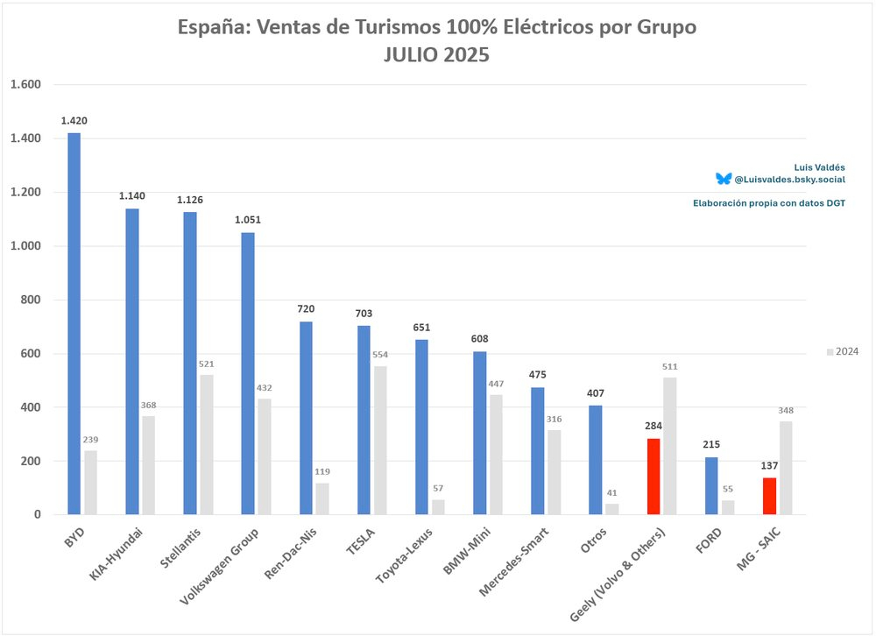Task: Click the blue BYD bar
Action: coord(74,324)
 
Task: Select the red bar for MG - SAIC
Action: coord(769,496)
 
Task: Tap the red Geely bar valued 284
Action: coord(653,477)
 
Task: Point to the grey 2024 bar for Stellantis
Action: coord(207,445)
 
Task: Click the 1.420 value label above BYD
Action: coord(74,121)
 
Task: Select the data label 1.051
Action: coord(248,220)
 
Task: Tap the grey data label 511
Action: coord(670,366)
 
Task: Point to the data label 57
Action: coord(438,489)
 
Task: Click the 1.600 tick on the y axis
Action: coord(26,85)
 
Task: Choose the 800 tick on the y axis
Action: coord(32,300)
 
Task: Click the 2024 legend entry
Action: coord(843,351)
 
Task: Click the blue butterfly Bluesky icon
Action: coord(723,179)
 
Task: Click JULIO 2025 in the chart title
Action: coord(436,54)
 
